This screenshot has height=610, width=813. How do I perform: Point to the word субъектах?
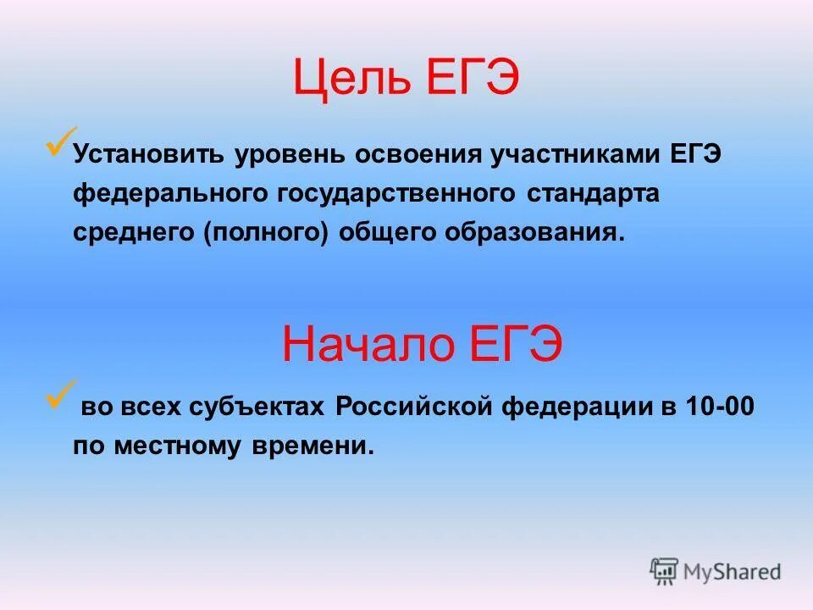(x=262, y=408)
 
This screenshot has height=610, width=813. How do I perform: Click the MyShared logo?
(x=715, y=571)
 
